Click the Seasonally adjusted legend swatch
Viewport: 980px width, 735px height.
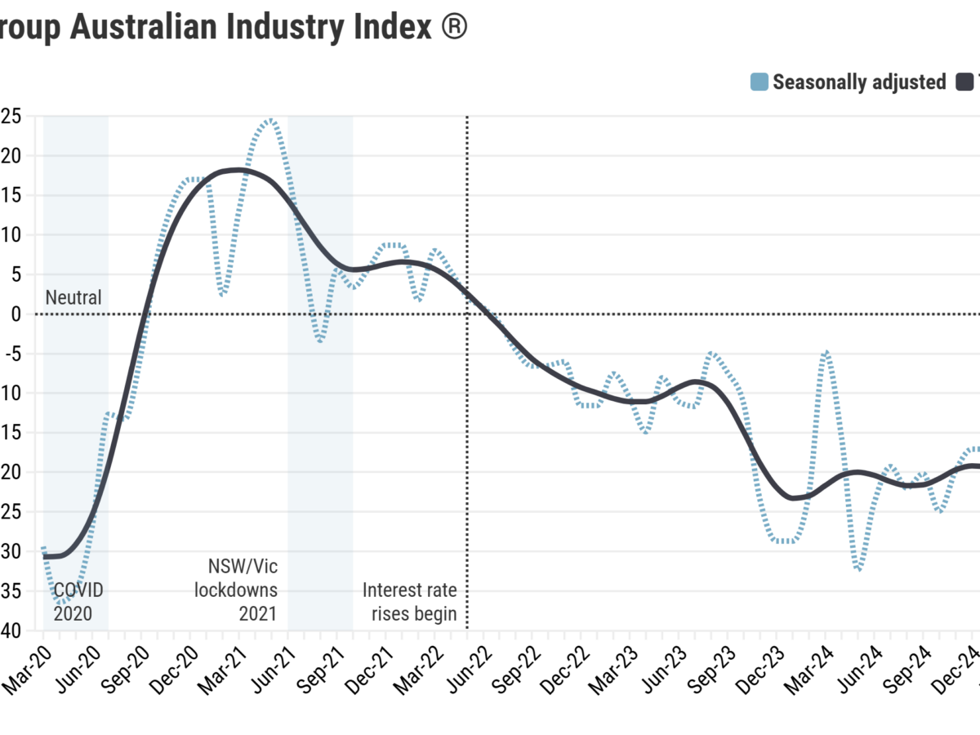[759, 82]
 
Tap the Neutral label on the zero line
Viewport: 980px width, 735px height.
[73, 297]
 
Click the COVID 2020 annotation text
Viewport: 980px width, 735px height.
[78, 601]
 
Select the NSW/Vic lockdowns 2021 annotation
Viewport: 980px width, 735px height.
[237, 589]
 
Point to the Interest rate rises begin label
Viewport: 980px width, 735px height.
[410, 601]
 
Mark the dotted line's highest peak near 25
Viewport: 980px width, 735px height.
[270, 120]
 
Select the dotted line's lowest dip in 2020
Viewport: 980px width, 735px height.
[63, 603]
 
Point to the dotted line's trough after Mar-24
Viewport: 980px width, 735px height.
[859, 568]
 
